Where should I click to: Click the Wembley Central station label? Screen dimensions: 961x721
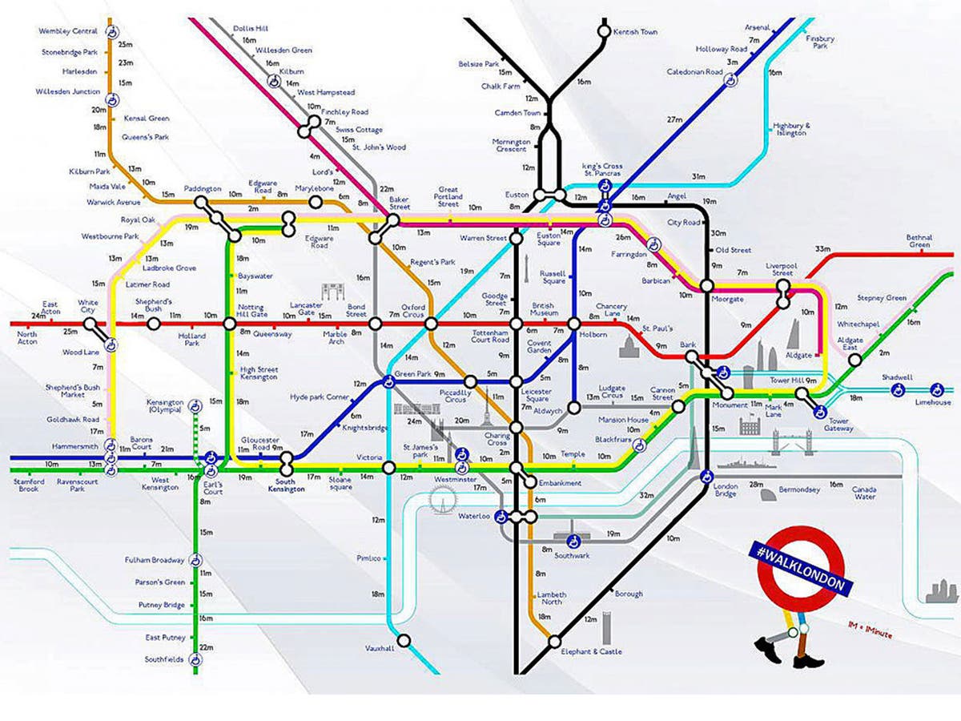[68, 31]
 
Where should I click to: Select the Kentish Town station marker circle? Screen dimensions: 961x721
[603, 31]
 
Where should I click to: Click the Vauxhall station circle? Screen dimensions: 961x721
[404, 640]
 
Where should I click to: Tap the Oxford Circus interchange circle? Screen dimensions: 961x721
[431, 324]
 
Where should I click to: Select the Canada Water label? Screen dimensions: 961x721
[863, 491]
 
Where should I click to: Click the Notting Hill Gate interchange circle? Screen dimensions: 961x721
[230, 324]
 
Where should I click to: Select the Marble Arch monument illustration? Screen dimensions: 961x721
[332, 290]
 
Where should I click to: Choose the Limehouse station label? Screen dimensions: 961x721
[933, 402]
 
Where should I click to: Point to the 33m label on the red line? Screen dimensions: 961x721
[822, 248]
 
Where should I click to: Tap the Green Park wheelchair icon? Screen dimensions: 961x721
[388, 382]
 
